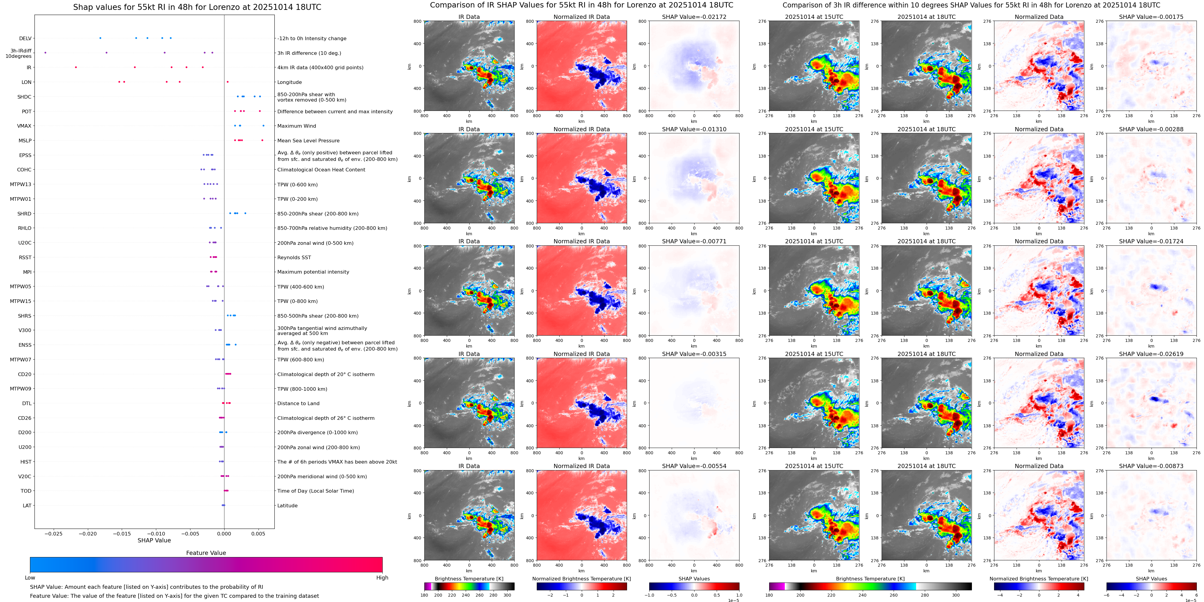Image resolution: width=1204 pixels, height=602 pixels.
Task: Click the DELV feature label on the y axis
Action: (x=25, y=38)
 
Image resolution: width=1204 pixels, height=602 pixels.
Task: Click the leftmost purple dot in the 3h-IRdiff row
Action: (x=45, y=53)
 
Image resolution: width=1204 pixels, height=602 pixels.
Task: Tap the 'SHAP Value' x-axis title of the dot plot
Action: (x=154, y=540)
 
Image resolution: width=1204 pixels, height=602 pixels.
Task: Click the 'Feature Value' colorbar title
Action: (x=206, y=553)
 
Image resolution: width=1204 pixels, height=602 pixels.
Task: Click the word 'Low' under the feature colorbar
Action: (x=30, y=578)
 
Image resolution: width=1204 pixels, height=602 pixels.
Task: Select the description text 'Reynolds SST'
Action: (x=294, y=257)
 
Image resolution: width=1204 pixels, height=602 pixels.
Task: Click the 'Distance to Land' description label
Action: (x=298, y=404)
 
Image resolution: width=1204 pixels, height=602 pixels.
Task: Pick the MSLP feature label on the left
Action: (x=25, y=141)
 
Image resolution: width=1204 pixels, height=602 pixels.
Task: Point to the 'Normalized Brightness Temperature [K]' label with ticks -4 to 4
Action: (x=1038, y=579)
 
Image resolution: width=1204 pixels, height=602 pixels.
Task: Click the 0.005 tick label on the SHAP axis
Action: (x=258, y=533)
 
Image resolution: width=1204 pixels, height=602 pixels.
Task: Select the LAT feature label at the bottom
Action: (x=27, y=505)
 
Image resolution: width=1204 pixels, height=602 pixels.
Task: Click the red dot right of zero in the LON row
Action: (x=228, y=82)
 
